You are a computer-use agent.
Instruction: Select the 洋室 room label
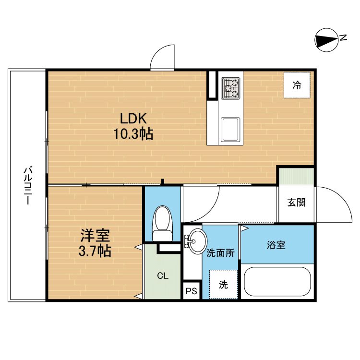pos(95,235)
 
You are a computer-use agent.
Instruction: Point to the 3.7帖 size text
pos(95,251)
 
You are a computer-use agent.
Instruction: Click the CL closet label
pos(163,276)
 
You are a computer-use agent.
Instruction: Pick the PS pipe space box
pos(192,291)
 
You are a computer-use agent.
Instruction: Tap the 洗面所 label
pos(220,253)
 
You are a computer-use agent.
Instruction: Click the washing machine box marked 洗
pos(224,285)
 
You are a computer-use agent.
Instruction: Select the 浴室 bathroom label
pos(276,245)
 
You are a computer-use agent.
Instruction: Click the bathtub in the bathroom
pos(277,282)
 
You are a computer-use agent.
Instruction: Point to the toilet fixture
pos(162,223)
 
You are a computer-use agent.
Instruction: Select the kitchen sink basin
pos(231,130)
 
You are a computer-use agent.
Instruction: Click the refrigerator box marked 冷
pos(297,85)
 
